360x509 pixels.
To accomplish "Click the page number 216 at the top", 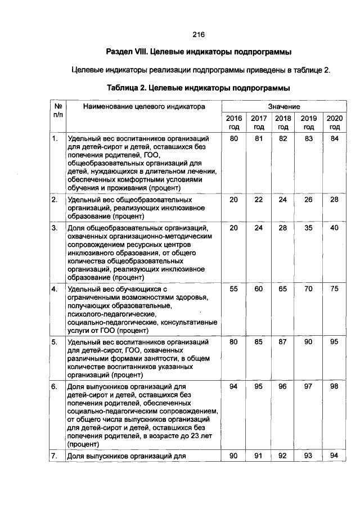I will pyautogui.click(x=198, y=35).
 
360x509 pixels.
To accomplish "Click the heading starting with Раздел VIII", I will pyautogui.click(x=198, y=52).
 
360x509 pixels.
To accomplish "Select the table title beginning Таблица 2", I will pyautogui.click(x=198, y=88).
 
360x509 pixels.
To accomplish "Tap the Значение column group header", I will pyautogui.click(x=283, y=106).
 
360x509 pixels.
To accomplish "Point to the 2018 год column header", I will pyautogui.click(x=283, y=123).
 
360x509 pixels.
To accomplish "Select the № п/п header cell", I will pyautogui.click(x=57, y=110).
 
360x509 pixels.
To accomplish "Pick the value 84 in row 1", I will pyautogui.click(x=334, y=138).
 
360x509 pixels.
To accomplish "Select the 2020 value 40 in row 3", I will pyautogui.click(x=334, y=228).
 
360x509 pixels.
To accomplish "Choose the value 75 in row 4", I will pyautogui.click(x=334, y=289).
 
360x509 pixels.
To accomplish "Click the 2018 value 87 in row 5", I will pyautogui.click(x=283, y=341).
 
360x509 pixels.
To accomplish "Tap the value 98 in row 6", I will pyautogui.click(x=334, y=386).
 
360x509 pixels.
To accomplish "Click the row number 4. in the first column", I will pyautogui.click(x=55, y=289).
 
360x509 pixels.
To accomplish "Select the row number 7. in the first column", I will pyautogui.click(x=55, y=456).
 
